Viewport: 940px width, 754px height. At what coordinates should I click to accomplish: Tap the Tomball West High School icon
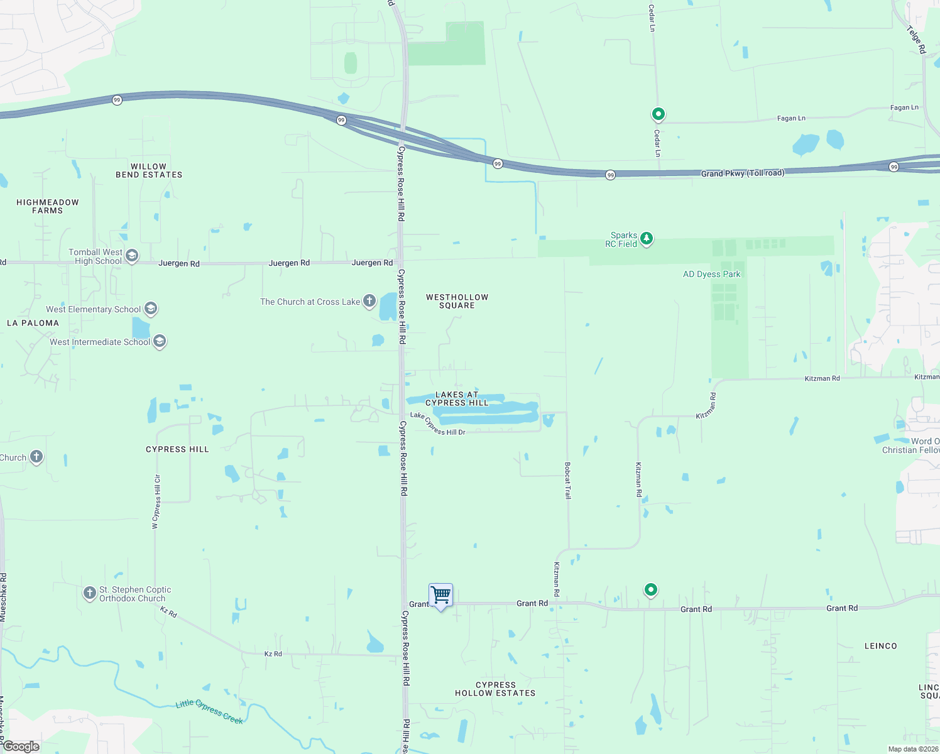click(132, 256)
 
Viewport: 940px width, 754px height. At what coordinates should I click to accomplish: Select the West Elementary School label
click(93, 309)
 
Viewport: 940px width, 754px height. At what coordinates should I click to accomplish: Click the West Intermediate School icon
click(160, 342)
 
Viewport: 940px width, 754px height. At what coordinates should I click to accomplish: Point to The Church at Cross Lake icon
click(369, 302)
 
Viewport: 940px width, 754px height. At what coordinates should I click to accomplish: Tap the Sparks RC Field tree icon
click(647, 239)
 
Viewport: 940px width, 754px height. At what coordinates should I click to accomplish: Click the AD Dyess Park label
click(711, 275)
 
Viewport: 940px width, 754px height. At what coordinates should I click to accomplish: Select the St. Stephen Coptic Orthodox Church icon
click(90, 593)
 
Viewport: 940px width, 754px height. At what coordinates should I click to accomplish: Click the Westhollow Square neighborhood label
click(457, 302)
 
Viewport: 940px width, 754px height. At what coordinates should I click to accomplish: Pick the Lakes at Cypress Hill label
click(457, 399)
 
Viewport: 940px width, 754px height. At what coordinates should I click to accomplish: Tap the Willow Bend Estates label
click(149, 171)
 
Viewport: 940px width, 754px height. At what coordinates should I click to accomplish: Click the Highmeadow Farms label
click(48, 207)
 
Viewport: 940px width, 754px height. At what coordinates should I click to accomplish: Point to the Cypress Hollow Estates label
click(495, 689)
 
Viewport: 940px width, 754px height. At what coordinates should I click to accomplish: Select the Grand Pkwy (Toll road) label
click(742, 173)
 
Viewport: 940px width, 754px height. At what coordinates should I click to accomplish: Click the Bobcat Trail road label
click(567, 481)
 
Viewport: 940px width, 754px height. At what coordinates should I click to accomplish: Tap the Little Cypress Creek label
click(209, 711)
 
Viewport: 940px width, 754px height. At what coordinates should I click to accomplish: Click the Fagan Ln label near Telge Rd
click(904, 108)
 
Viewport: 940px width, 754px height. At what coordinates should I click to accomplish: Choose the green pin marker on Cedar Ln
click(658, 114)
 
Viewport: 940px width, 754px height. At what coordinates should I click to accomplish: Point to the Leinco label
click(880, 646)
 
